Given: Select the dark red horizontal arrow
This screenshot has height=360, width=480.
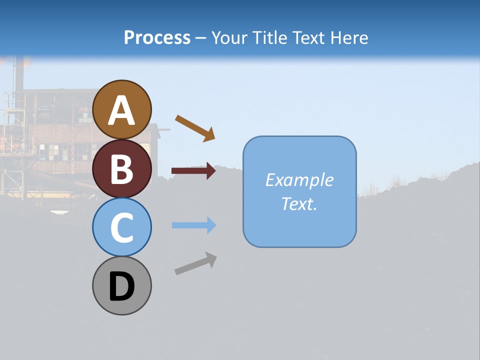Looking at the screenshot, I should point(193,171).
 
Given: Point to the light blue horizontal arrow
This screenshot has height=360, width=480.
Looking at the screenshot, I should point(194,225).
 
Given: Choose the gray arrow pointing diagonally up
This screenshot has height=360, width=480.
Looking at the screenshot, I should point(195,263).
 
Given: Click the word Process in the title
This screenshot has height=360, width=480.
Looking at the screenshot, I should point(157,37).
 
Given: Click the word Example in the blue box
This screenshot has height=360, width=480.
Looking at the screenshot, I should point(299,180).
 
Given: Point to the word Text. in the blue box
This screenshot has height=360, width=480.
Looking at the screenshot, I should point(299,203).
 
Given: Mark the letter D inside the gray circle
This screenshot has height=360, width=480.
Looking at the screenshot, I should point(122,287).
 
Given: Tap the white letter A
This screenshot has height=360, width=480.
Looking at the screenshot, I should point(122,110).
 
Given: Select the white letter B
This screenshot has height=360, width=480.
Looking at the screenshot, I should point(122,169).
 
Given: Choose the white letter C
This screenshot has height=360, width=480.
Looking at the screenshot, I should point(122,227).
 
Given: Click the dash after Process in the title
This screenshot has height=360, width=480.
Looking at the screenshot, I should point(201,38).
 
